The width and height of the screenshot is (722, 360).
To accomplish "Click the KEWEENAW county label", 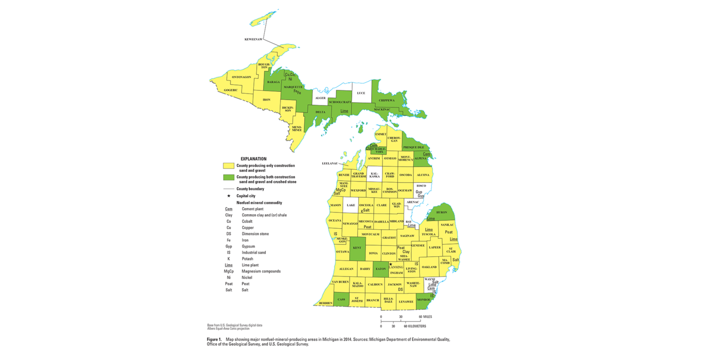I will [x=253, y=39].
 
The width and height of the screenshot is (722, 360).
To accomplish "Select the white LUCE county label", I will [x=361, y=93].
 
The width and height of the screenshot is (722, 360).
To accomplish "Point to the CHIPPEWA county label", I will [x=386, y=100].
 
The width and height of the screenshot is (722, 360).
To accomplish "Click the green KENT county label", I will [x=357, y=248].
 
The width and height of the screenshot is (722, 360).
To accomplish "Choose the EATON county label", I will [x=380, y=269].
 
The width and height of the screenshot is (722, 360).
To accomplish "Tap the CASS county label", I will [x=341, y=299].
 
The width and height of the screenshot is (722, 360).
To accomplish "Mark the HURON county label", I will [x=442, y=212].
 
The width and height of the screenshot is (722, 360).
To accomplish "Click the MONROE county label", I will [x=424, y=299].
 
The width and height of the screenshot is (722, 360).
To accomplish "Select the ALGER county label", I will [x=320, y=98].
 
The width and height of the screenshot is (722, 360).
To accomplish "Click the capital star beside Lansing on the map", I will [x=391, y=264].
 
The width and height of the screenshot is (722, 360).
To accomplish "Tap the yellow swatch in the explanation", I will [x=229, y=166].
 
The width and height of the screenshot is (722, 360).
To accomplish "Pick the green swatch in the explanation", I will [x=229, y=178].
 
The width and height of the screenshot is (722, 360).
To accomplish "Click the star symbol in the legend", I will [x=229, y=196].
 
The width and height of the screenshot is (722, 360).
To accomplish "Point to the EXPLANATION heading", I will [x=253, y=159].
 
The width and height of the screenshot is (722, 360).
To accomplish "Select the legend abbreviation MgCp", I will [x=229, y=271].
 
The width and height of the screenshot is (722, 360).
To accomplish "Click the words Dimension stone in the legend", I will [x=255, y=234].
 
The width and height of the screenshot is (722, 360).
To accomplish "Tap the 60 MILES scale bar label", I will [x=425, y=317].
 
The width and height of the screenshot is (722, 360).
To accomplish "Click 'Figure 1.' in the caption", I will [x=214, y=339].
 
